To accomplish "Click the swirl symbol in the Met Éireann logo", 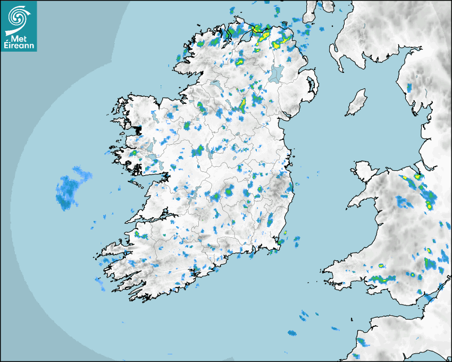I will coord(18,18).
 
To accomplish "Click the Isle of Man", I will coord(356,103).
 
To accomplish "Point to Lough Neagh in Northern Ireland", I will coord(276,73).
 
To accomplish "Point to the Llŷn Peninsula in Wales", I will coord(362,200).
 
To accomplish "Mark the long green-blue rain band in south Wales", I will coord(383,278).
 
